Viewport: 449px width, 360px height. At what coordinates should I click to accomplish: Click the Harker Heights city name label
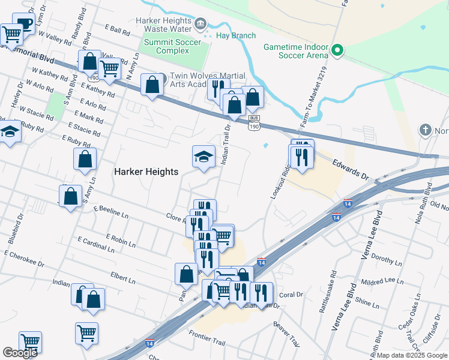(146, 172)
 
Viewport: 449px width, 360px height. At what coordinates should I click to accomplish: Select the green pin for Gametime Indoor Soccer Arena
(337, 50)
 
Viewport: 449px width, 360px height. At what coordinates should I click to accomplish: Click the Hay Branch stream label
(236, 35)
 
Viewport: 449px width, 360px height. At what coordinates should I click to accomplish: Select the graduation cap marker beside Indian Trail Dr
(203, 157)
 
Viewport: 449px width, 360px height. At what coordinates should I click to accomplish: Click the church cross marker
(426, 130)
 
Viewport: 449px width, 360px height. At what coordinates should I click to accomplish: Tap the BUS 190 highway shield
(254, 121)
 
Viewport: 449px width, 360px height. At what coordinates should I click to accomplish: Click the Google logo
(20, 352)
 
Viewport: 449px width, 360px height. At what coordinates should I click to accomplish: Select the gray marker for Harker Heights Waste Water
(200, 24)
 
